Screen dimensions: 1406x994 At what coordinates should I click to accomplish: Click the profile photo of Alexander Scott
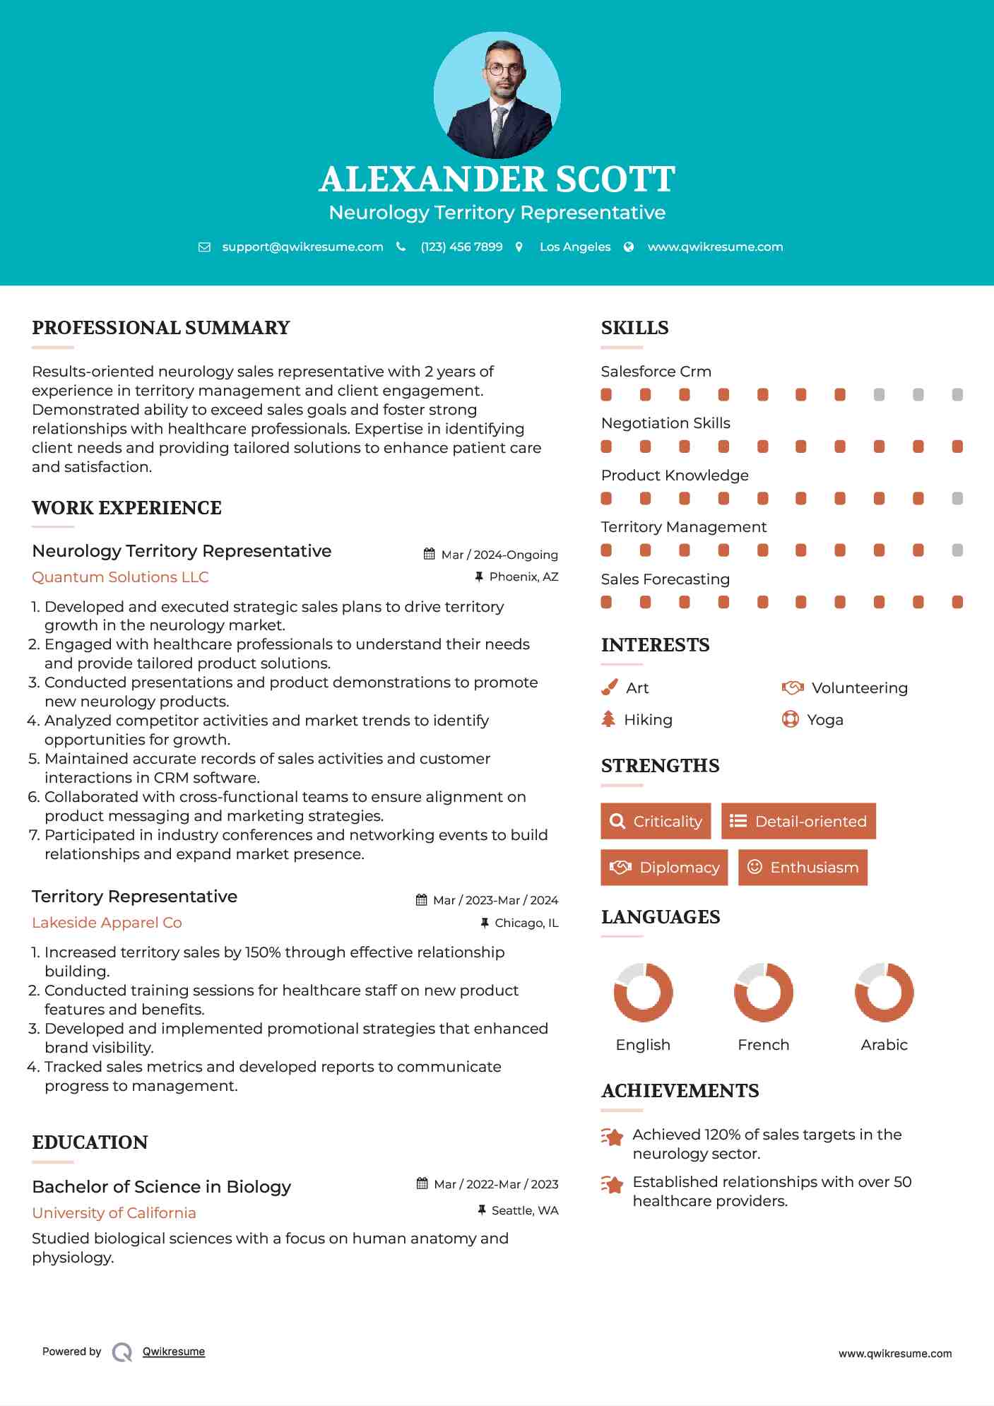pyautogui.click(x=497, y=95)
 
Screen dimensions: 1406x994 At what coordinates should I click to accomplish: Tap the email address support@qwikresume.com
pyautogui.click(x=302, y=247)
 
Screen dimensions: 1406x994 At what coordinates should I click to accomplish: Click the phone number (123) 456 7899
pyautogui.click(x=461, y=247)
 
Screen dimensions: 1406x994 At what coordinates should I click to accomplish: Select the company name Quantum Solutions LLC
pyautogui.click(x=120, y=577)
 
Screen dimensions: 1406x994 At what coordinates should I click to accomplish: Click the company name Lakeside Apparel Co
pyautogui.click(x=107, y=922)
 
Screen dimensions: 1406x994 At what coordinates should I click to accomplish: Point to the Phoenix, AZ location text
pyautogui.click(x=523, y=577)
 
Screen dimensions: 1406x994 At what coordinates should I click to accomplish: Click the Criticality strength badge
pyautogui.click(x=656, y=821)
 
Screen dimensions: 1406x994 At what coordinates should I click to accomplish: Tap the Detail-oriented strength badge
pyautogui.click(x=798, y=821)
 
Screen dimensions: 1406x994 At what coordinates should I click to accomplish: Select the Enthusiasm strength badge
pyautogui.click(x=803, y=867)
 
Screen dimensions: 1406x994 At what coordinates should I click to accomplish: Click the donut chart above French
pyautogui.click(x=764, y=992)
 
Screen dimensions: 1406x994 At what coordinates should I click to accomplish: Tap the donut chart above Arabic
pyautogui.click(x=884, y=992)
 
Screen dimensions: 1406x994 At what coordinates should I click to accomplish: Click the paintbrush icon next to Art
pyautogui.click(x=609, y=687)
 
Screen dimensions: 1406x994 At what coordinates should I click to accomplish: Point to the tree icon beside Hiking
pyautogui.click(x=608, y=719)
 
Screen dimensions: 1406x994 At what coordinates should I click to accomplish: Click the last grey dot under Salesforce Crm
pyautogui.click(x=957, y=394)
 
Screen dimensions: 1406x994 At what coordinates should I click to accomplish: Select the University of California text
pyautogui.click(x=114, y=1212)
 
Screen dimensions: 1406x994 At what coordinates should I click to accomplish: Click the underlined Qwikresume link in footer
pyautogui.click(x=174, y=1351)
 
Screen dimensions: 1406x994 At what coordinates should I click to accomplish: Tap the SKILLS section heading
pyautogui.click(x=634, y=328)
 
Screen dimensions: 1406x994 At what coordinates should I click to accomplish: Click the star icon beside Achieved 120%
pyautogui.click(x=612, y=1137)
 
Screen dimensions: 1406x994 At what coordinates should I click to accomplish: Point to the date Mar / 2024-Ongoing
pyautogui.click(x=499, y=555)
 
